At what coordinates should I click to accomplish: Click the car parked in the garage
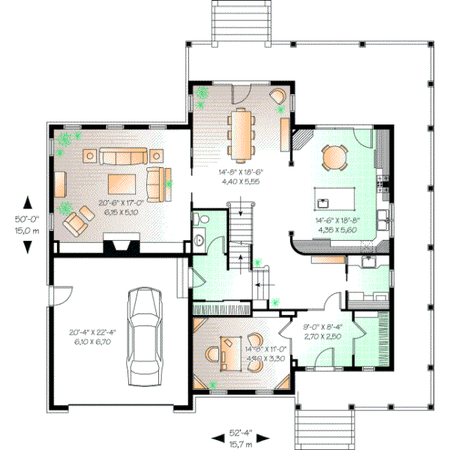142,334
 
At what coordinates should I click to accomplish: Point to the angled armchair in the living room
74,223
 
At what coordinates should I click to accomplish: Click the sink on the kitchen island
325,202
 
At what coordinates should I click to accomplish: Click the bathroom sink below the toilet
199,240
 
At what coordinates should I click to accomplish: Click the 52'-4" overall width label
240,433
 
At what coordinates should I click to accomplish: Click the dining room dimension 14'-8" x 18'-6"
239,176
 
